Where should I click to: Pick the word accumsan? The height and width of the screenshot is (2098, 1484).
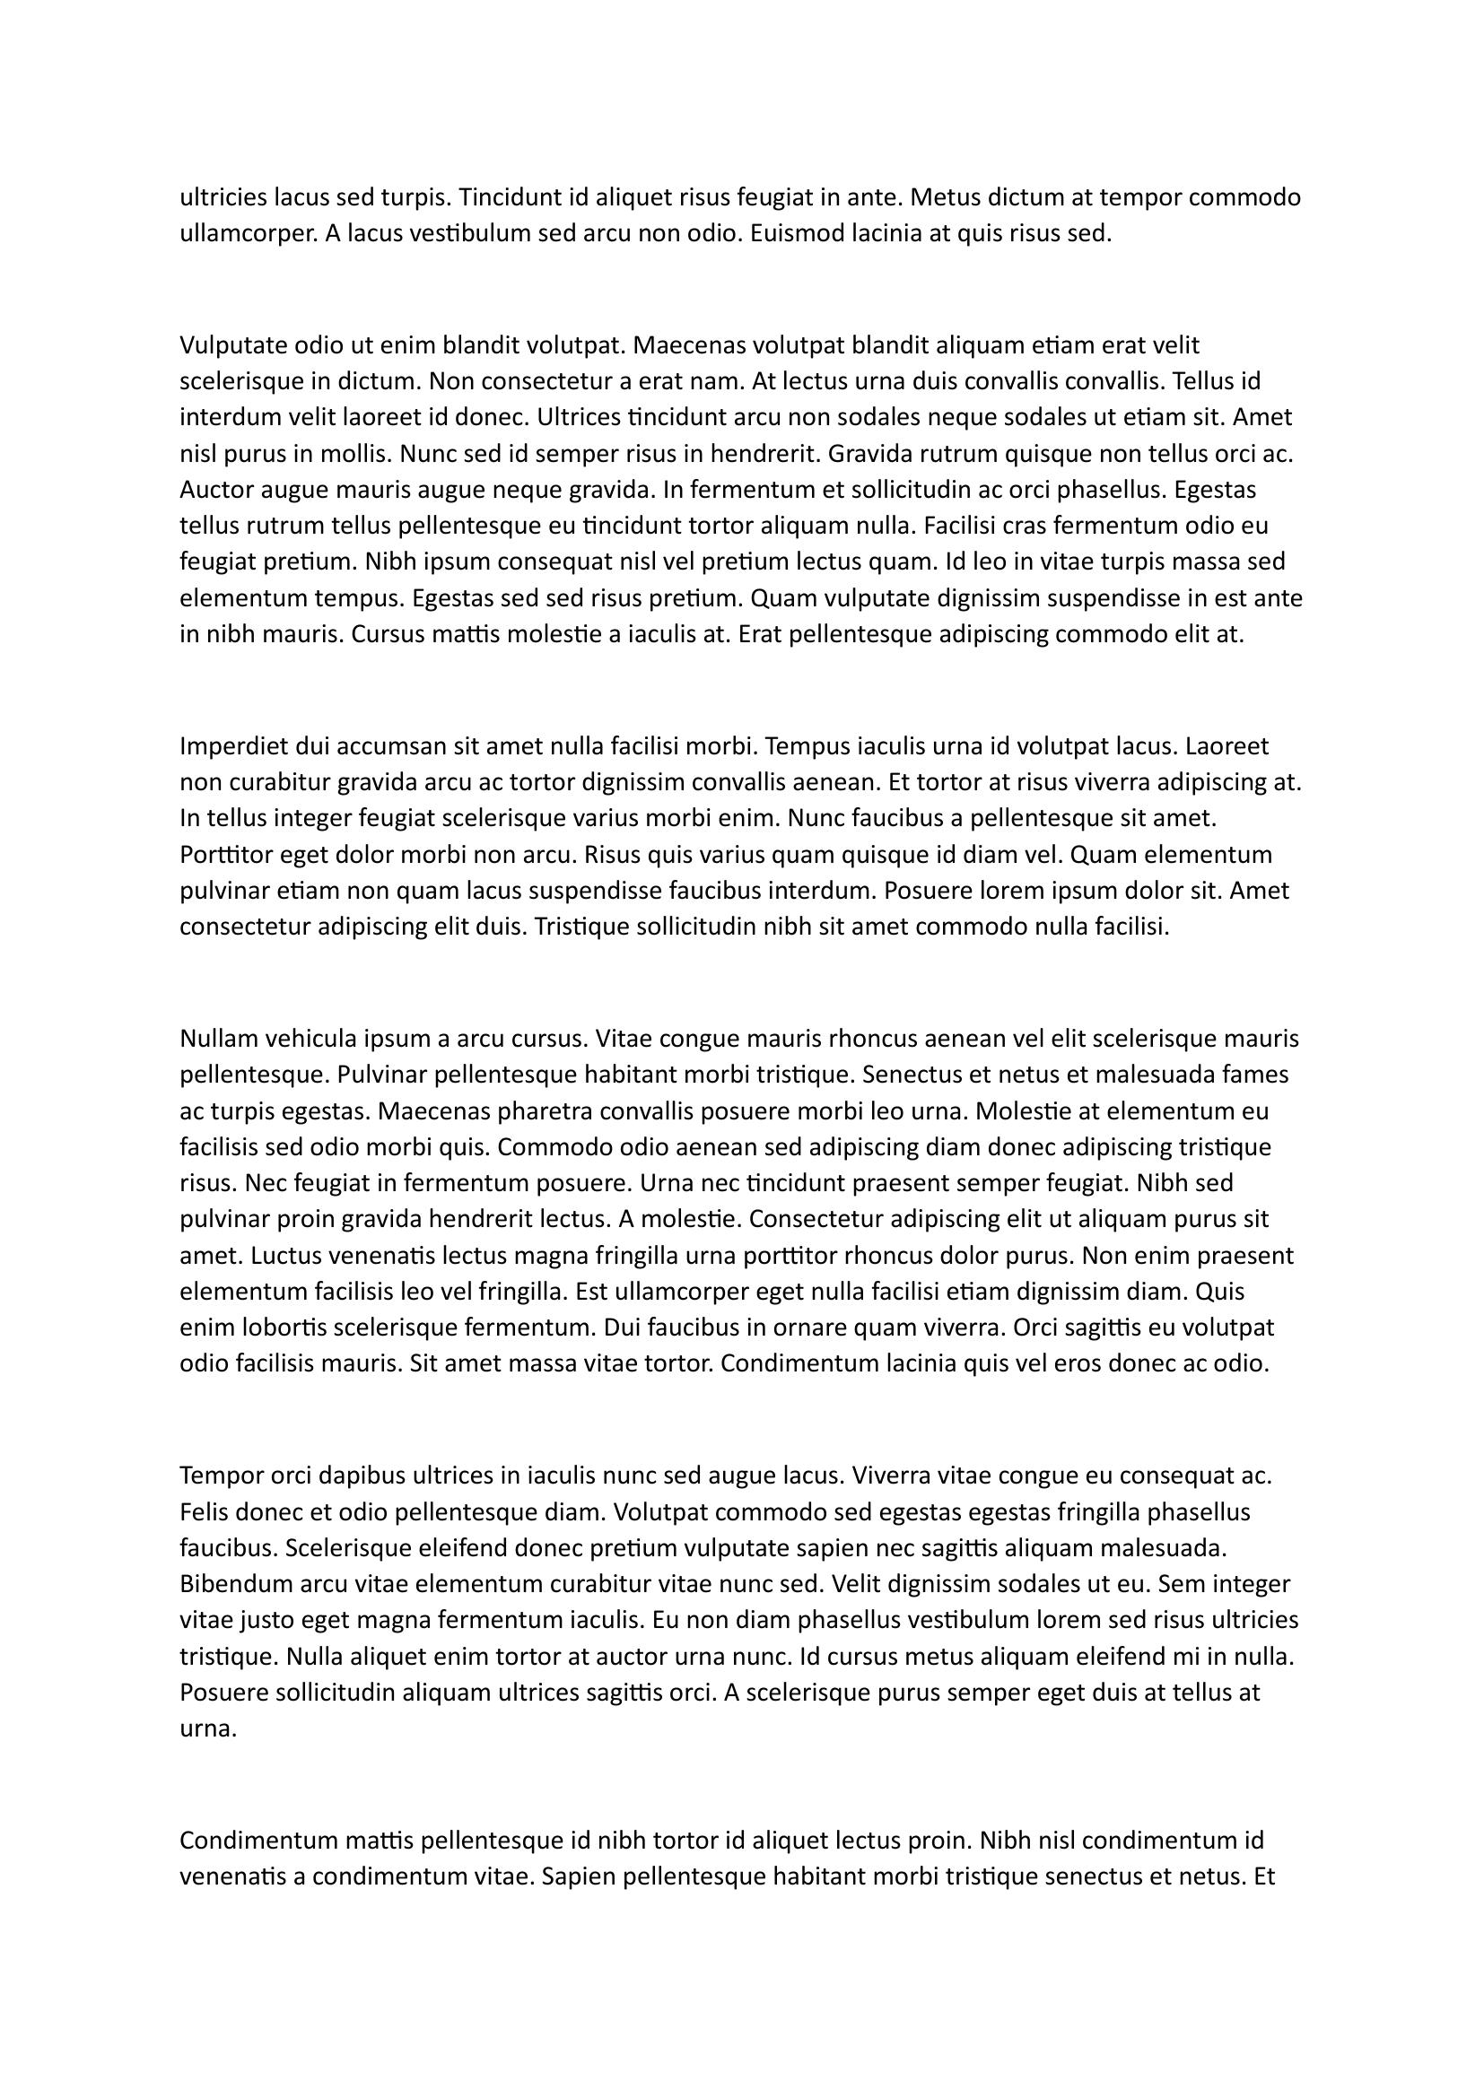pyautogui.click(x=381, y=746)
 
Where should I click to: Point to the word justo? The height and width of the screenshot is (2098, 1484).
pyautogui.click(x=265, y=1620)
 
